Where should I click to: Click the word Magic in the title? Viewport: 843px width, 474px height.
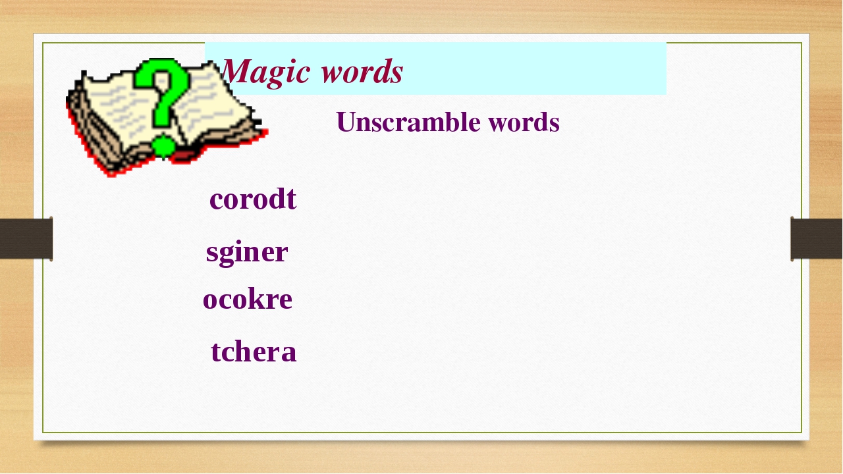click(266, 72)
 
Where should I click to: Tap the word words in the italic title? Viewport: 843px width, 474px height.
click(362, 72)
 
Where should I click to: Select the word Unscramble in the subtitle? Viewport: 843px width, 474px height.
click(408, 122)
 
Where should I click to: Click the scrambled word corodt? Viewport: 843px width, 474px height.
click(253, 199)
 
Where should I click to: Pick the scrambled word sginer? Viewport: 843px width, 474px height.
click(247, 253)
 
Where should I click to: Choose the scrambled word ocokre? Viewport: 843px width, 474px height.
click(248, 299)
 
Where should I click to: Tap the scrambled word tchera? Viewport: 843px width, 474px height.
click(254, 352)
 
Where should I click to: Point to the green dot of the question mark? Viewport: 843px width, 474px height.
click(164, 146)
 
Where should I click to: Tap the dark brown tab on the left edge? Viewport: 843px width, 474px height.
click(26, 238)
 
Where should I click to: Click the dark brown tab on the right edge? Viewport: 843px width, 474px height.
click(816, 238)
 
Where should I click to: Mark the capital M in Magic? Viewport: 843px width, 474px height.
click(236, 72)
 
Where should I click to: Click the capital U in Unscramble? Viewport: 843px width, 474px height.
click(346, 122)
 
